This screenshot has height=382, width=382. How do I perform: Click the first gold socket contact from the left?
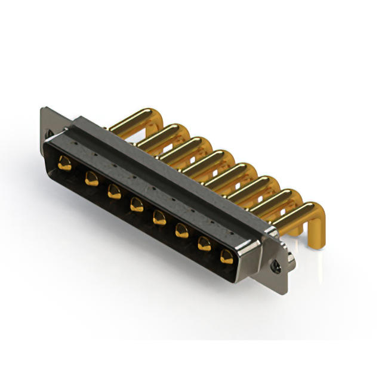64,162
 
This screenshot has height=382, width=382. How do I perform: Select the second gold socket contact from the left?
91,177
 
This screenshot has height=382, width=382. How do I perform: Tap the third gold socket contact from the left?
113,191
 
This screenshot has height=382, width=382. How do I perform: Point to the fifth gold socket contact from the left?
159,217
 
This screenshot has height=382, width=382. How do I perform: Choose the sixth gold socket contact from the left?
181,230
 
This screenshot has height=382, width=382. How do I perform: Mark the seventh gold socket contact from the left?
204,243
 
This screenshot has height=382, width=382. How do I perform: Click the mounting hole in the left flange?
50,134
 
